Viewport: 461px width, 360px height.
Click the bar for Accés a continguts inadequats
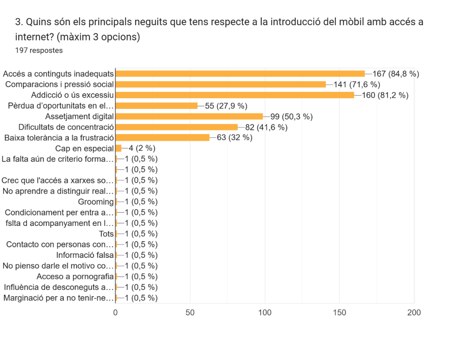240,73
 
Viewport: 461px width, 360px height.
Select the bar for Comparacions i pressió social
221,84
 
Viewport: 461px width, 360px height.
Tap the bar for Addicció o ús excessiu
235,95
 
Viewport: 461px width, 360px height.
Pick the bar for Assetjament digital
189,117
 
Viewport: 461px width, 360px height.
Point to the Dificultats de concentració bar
176,127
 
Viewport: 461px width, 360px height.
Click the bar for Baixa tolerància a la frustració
163,138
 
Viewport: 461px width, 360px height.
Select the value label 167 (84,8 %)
396,73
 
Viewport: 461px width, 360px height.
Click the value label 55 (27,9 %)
226,106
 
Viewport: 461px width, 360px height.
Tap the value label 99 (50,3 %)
291,117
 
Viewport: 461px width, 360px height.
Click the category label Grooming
96,202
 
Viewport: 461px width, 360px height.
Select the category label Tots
106,234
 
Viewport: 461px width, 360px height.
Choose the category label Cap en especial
84,148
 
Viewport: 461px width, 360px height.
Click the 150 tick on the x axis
339,312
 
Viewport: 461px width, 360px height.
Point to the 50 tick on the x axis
190,312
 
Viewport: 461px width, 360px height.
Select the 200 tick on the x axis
414,312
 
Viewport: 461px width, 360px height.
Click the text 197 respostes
39,50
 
